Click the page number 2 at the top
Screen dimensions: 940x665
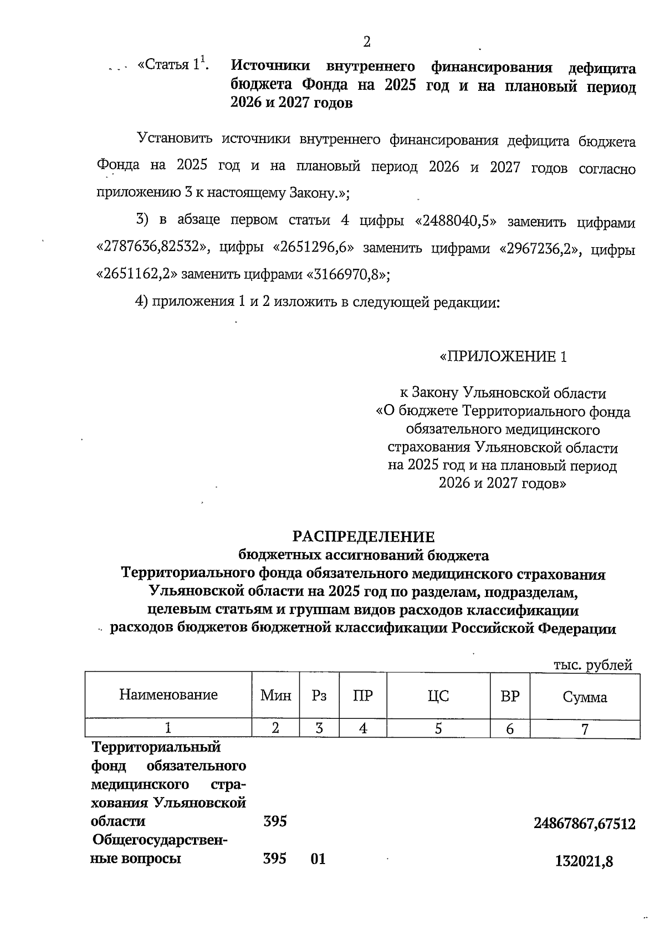366,42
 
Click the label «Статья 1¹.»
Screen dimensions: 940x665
173,65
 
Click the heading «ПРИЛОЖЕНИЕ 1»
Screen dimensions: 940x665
503,356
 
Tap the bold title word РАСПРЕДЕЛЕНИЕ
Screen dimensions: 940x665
364,537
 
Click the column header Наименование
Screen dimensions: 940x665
168,694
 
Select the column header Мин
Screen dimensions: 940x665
276,696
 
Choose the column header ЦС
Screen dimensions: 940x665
438,696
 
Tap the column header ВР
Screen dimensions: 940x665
510,696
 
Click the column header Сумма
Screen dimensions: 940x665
585,697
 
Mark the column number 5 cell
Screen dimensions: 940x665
438,728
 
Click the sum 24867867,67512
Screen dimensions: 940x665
585,824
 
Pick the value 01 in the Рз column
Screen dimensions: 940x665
318,859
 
